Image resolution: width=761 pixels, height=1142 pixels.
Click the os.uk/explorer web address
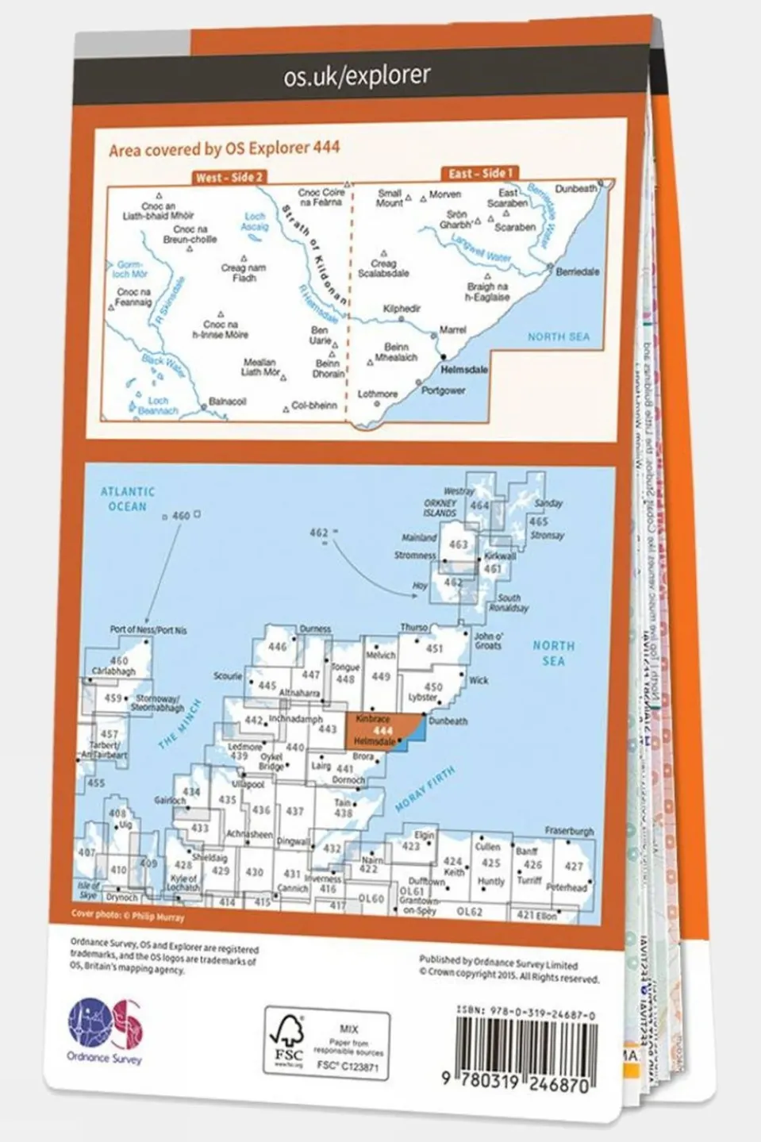click(357, 76)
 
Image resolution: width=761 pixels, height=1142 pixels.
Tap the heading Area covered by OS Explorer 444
click(225, 148)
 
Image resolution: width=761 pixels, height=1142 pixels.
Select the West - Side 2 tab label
click(229, 178)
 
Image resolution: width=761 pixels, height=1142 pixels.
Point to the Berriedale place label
click(577, 271)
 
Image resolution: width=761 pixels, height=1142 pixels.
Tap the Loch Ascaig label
click(255, 221)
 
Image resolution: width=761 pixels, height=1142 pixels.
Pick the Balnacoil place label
click(227, 402)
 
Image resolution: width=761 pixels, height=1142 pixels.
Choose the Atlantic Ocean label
click(128, 499)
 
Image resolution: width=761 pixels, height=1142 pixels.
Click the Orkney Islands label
click(440, 508)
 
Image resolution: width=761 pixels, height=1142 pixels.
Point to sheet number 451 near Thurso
click(434, 648)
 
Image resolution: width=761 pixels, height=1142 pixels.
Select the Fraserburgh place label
click(569, 831)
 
